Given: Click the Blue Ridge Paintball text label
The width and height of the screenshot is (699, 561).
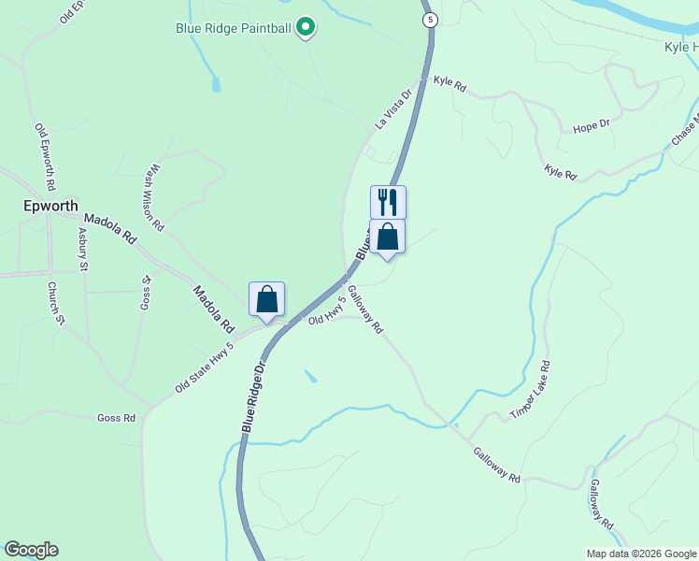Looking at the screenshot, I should [x=234, y=28].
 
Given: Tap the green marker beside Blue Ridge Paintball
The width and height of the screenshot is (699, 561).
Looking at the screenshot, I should [x=305, y=28].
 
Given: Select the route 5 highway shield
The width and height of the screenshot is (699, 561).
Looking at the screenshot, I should [x=429, y=20].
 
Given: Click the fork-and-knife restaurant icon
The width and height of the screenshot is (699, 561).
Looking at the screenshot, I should [x=388, y=202].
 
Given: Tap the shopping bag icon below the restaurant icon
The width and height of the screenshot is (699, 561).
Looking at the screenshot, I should [x=388, y=237].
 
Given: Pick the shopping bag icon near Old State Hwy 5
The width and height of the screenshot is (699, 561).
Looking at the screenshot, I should [x=266, y=300].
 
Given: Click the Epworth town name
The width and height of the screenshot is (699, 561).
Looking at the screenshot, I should [x=50, y=206].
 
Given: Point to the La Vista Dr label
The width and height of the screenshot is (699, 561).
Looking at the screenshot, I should [x=393, y=108].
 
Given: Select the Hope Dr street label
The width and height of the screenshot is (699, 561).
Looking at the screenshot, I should [x=591, y=124].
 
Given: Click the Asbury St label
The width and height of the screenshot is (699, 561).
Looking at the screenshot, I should [x=83, y=250].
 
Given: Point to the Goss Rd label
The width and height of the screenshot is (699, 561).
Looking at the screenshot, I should [x=116, y=418].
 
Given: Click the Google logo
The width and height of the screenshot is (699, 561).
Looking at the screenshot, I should [x=31, y=550].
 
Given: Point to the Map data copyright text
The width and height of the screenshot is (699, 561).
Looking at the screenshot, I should [x=640, y=554].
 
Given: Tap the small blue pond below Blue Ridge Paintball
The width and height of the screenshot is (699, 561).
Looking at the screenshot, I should [x=217, y=84].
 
